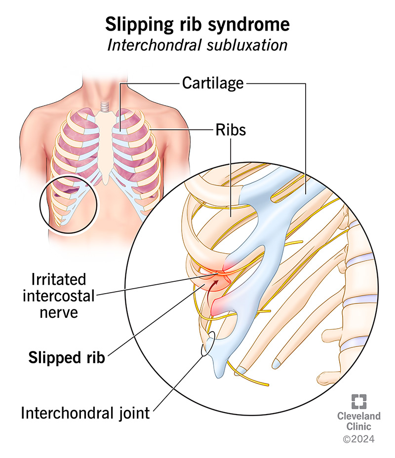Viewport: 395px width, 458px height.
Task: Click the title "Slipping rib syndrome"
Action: click(197, 24)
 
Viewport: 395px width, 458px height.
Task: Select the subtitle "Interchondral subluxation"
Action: click(197, 45)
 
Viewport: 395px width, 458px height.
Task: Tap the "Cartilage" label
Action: click(213, 82)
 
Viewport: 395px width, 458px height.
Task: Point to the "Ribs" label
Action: click(230, 131)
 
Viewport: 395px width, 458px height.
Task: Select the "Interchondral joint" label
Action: click(85, 413)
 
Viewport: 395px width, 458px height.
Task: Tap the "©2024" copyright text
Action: click(359, 438)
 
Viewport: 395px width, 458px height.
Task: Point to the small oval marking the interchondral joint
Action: click(207, 343)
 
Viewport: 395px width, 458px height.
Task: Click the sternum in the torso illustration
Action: click(108, 143)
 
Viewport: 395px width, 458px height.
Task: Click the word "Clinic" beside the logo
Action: click(359, 427)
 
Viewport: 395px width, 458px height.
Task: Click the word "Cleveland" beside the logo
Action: click(359, 417)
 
